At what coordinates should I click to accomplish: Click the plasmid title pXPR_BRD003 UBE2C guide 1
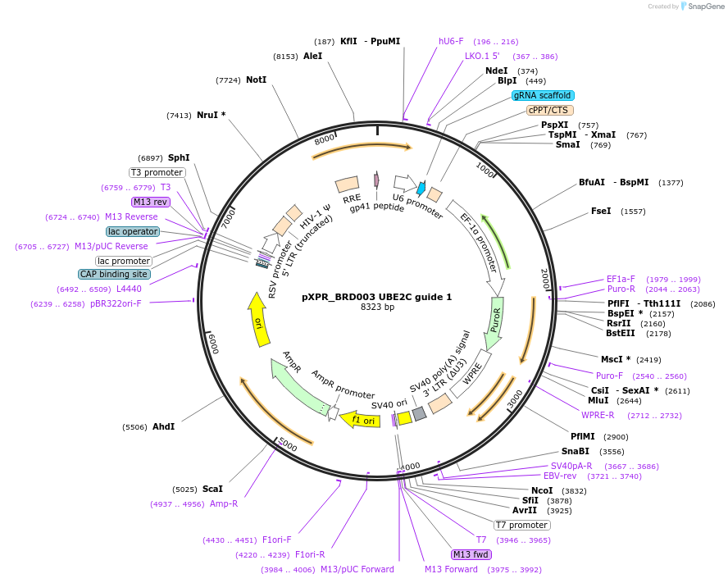[x=376, y=297]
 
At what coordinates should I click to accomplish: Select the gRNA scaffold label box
[x=543, y=95]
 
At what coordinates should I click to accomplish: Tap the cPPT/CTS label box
[x=549, y=110]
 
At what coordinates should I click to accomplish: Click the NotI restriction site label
[x=256, y=80]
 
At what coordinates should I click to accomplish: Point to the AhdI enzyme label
[x=163, y=426]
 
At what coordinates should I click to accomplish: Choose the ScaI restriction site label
[x=212, y=489]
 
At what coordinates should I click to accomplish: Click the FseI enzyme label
[x=601, y=211]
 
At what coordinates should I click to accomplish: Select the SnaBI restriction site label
[x=575, y=451]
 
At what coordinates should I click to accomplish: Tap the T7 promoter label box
[x=521, y=525]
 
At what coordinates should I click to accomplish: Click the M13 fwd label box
[x=476, y=554]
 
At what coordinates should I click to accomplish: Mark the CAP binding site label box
[x=115, y=274]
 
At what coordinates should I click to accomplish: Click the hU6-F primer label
[x=451, y=41]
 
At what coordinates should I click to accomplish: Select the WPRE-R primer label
[x=598, y=415]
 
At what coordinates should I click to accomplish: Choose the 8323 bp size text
[x=377, y=307]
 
